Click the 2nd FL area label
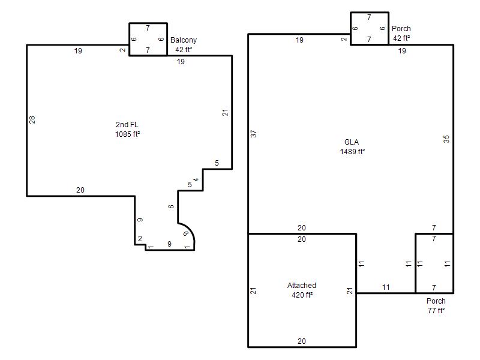[127, 125]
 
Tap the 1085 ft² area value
[127, 134]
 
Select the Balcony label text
[184, 40]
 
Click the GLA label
[352, 142]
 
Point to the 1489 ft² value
[352, 152]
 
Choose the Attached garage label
[302, 286]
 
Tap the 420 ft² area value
[302, 295]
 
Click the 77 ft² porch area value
[436, 310]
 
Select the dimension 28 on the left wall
[32, 119]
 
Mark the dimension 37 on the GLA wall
[253, 134]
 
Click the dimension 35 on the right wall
[446, 139]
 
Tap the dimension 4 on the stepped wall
[196, 179]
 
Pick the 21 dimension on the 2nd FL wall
[225, 113]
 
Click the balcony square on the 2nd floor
[148, 23]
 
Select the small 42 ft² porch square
[370, 13]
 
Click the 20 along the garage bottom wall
[302, 341]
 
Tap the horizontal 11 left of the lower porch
[386, 287]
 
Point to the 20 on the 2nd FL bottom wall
[80, 190]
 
